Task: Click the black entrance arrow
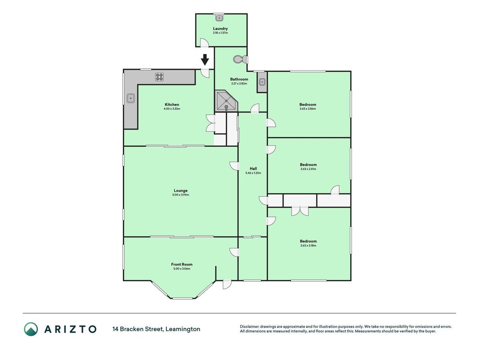(205, 59)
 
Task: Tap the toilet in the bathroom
(240, 59)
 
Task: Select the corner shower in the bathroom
(226, 101)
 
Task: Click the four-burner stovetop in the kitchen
(159, 77)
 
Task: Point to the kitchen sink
(131, 98)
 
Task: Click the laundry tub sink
(219, 18)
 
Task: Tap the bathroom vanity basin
(262, 82)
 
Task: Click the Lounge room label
(180, 190)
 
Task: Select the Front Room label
(182, 264)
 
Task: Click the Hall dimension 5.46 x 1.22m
(253, 173)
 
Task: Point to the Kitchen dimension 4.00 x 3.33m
(172, 108)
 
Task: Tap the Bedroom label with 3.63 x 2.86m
(308, 104)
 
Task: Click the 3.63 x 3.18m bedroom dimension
(308, 246)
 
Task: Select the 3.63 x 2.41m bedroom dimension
(308, 169)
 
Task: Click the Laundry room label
(220, 28)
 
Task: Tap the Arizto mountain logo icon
(31, 329)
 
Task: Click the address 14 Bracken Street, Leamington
(156, 329)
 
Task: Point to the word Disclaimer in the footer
(249, 327)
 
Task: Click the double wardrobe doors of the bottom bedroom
(300, 211)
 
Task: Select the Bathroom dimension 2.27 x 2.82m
(239, 84)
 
